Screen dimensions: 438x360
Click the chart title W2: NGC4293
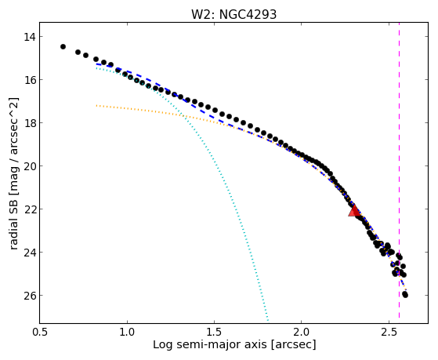point(233,14)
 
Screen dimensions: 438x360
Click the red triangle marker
point(354,211)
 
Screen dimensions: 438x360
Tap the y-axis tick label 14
point(29,37)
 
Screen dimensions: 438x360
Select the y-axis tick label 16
point(29,80)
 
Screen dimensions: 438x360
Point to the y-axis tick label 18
point(29,123)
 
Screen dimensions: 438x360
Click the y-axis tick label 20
point(29,166)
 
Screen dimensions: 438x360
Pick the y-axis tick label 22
point(29,209)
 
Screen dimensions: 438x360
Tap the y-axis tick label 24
point(29,253)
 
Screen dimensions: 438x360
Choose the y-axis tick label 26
point(29,296)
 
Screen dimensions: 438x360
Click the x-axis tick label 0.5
point(40,332)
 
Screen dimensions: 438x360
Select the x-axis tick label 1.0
point(127,332)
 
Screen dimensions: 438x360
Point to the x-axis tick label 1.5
point(214,332)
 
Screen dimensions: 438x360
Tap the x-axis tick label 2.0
point(302,332)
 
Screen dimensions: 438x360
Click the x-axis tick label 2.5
point(389,332)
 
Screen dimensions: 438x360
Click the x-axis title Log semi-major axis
point(210,345)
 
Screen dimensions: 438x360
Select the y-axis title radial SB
point(13,221)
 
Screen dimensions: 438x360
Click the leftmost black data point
point(63,46)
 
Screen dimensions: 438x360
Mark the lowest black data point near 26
point(405,295)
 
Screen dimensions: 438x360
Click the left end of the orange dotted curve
point(96,105)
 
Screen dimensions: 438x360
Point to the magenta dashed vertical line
point(399,170)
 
